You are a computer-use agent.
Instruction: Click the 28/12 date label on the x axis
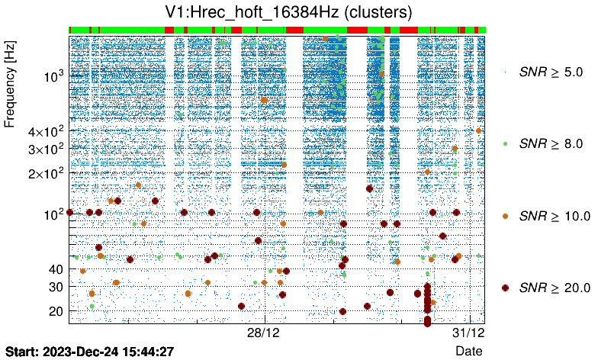(265, 333)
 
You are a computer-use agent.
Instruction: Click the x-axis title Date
(468, 351)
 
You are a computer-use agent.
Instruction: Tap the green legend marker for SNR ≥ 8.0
(506, 143)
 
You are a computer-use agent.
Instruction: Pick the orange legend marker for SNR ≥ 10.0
(506, 216)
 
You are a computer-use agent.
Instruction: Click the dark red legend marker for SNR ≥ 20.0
(506, 288)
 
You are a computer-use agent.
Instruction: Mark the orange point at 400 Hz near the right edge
(478, 130)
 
